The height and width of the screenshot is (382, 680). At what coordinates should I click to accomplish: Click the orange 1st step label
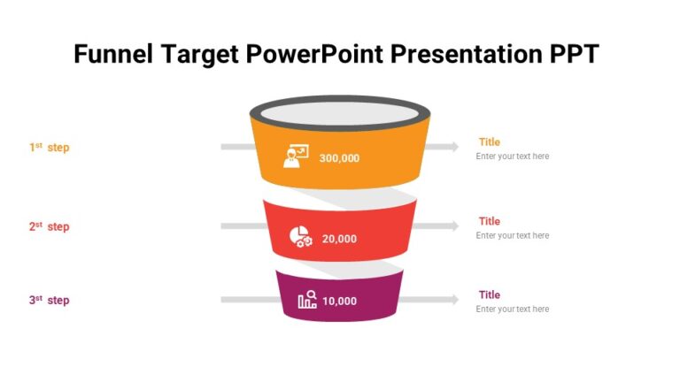[x=49, y=148]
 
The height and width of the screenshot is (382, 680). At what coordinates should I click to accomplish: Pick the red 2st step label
[x=49, y=226]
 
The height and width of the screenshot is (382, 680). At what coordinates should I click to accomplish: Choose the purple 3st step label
[x=49, y=300]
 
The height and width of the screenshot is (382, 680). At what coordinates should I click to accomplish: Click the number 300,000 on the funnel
[x=339, y=158]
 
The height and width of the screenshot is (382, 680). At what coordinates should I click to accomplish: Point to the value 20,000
[x=339, y=239]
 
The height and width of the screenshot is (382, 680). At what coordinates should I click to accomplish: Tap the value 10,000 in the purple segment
[x=339, y=301]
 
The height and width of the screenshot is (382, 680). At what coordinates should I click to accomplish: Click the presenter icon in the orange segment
[x=295, y=157]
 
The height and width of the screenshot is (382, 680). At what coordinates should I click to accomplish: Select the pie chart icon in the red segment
[x=301, y=236]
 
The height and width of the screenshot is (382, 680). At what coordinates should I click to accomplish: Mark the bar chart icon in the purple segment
[x=307, y=300]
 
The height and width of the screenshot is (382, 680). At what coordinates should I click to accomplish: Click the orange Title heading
[x=490, y=141]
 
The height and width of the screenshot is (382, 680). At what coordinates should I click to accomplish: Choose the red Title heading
[x=490, y=221]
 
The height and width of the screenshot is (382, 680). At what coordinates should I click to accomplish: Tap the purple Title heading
[x=490, y=294]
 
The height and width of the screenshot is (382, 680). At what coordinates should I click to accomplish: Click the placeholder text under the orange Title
[x=513, y=157]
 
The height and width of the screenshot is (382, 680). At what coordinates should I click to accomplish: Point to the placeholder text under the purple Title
[x=513, y=309]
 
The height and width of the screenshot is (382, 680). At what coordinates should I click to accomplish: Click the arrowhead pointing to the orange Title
[x=454, y=146]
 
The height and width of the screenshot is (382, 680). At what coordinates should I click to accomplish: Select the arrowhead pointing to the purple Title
[x=454, y=300]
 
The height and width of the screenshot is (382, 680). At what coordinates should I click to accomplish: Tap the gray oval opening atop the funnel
[x=340, y=115]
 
